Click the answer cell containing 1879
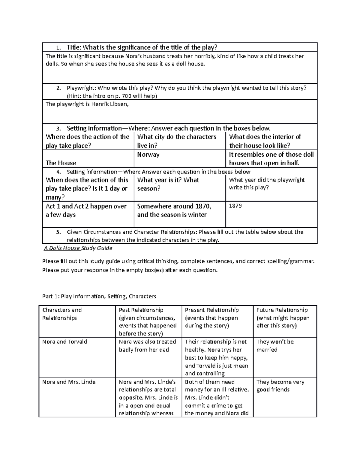point(235,206)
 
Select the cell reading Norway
point(148,155)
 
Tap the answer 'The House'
point(61,163)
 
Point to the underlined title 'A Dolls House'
point(62,248)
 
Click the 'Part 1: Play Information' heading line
point(99,296)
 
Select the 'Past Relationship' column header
point(141,310)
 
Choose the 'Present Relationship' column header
point(212,310)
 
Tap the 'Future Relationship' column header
point(282,310)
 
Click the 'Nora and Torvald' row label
point(65,342)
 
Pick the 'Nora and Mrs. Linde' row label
point(69,382)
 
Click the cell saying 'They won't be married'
point(275,346)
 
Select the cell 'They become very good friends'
point(280,386)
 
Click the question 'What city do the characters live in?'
point(177,141)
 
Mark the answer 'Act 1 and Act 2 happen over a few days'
point(86,210)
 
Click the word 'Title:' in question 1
point(74,47)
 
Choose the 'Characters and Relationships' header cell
point(62,314)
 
